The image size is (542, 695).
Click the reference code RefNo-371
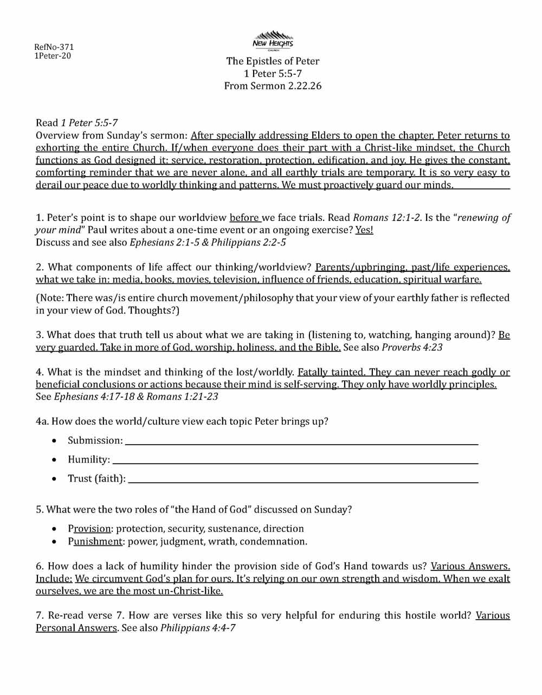(x=54, y=47)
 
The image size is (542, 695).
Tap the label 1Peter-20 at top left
(x=53, y=56)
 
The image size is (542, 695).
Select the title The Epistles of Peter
(x=273, y=61)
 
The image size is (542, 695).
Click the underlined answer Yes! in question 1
(x=364, y=230)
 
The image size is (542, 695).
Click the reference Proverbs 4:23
(x=412, y=347)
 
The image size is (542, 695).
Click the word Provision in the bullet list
(x=89, y=529)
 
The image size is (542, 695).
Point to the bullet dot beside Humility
(x=54, y=460)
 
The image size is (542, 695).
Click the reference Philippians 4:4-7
(x=198, y=628)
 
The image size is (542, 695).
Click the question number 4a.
(x=42, y=421)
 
